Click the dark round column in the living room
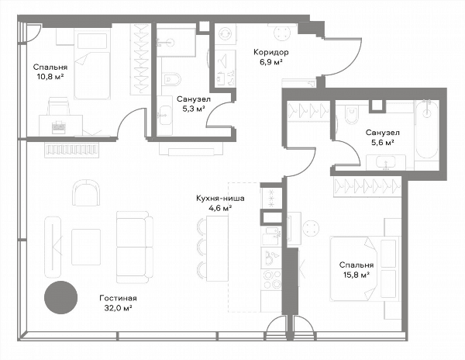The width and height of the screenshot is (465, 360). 60,297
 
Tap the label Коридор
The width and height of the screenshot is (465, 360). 270,53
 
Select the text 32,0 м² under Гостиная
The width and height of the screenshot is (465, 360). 118,308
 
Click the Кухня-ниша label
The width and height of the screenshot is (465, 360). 220,198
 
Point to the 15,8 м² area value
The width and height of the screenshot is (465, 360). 356,275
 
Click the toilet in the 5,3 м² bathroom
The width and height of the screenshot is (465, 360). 172,79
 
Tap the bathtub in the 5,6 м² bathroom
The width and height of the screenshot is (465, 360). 427,130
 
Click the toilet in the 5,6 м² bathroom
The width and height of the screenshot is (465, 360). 352,115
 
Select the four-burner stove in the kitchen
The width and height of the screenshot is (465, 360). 272,279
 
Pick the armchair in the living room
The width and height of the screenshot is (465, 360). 86,192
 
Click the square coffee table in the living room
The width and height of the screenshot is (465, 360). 86,247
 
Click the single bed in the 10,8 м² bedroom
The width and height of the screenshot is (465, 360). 92,66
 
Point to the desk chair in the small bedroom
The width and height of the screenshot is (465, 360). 60,106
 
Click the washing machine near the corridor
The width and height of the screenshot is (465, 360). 225,34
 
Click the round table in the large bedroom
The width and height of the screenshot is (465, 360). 311,228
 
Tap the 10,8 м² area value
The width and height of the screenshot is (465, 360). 50,77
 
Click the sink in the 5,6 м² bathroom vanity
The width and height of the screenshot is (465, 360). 385,162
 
